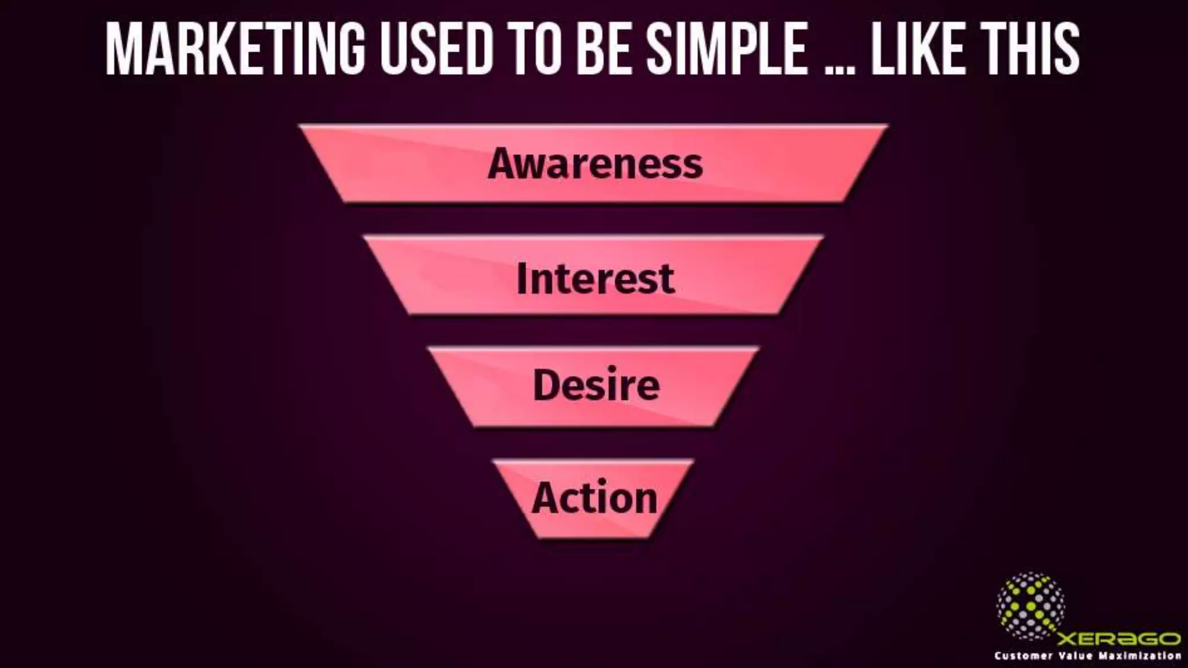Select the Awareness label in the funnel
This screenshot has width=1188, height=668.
click(x=595, y=164)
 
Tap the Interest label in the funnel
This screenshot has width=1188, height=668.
click(x=595, y=278)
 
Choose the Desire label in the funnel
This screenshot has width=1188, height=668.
click(x=596, y=384)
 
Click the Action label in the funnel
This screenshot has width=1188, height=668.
click(x=595, y=498)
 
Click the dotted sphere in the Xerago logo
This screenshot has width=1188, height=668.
click(x=1030, y=606)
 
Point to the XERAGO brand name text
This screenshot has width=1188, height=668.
click(x=1118, y=639)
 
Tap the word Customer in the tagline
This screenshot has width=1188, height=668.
click(x=1023, y=656)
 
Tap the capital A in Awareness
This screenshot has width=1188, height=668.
click(x=502, y=164)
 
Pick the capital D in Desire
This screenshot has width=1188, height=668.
click(x=546, y=385)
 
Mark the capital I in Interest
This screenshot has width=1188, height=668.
click(x=521, y=278)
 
